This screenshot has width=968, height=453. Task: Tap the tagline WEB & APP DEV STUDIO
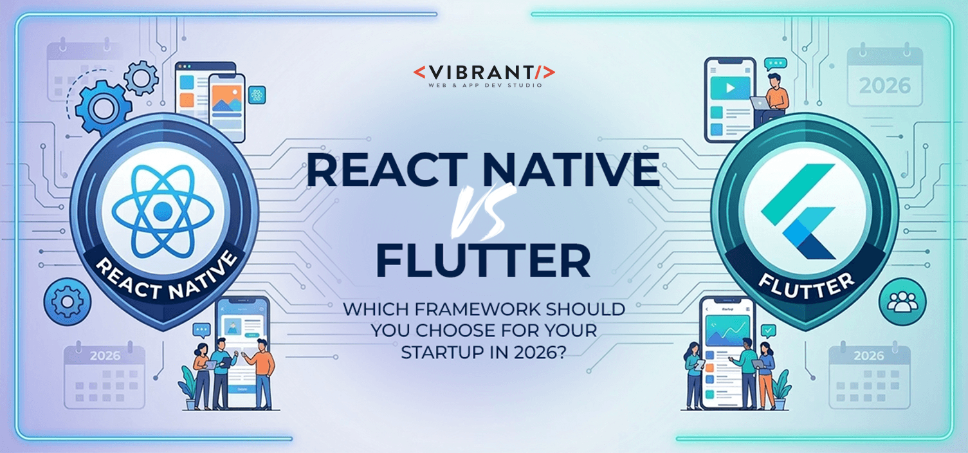[484, 85]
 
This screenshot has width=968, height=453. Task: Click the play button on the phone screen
[730, 87]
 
